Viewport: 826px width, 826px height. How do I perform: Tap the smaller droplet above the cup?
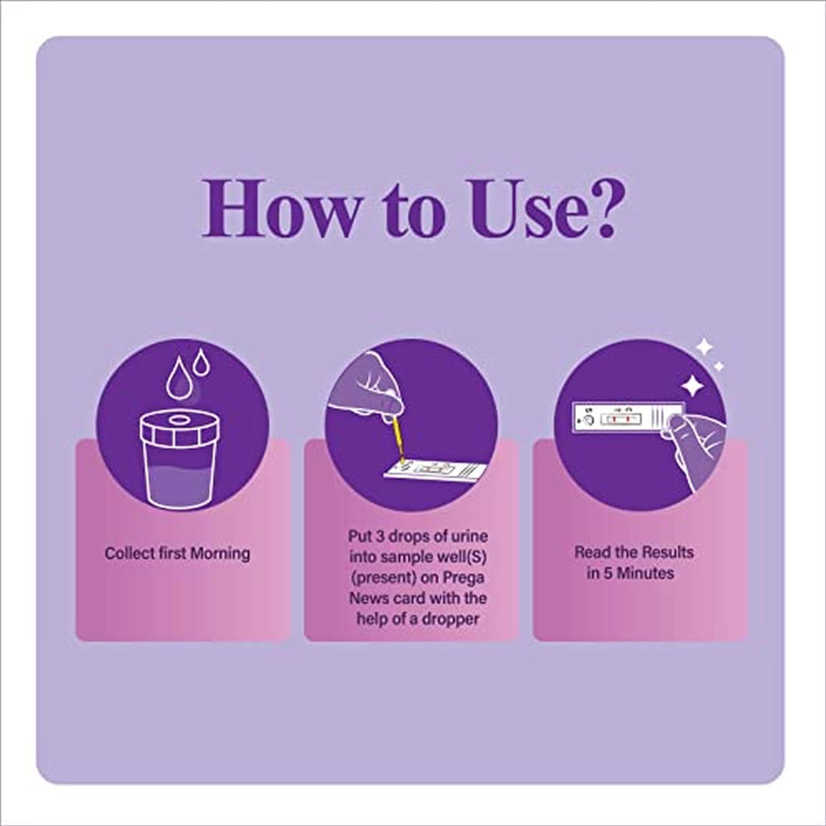pyautogui.click(x=202, y=365)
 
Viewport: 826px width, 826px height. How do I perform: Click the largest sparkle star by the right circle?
pyautogui.click(x=692, y=386)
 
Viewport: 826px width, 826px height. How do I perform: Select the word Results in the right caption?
pyautogui.click(x=667, y=552)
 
